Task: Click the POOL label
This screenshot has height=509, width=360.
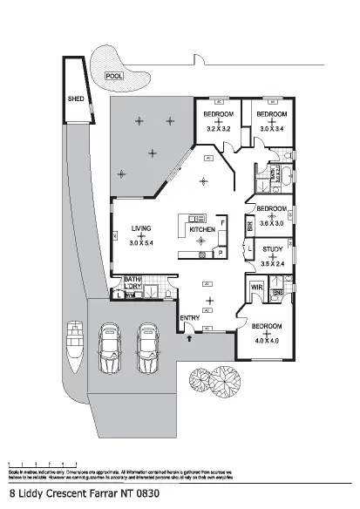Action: point(114,76)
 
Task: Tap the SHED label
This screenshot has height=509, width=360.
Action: point(75,99)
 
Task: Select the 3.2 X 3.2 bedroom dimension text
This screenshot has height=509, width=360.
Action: point(218,129)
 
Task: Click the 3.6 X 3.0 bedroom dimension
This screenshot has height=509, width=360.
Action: point(272,223)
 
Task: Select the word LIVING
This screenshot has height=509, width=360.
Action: point(140,229)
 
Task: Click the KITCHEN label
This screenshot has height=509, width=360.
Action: point(202,229)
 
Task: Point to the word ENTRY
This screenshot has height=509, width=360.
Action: point(189,318)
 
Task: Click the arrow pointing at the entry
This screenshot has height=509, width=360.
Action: point(189,336)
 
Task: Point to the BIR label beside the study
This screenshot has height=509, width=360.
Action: point(250,227)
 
